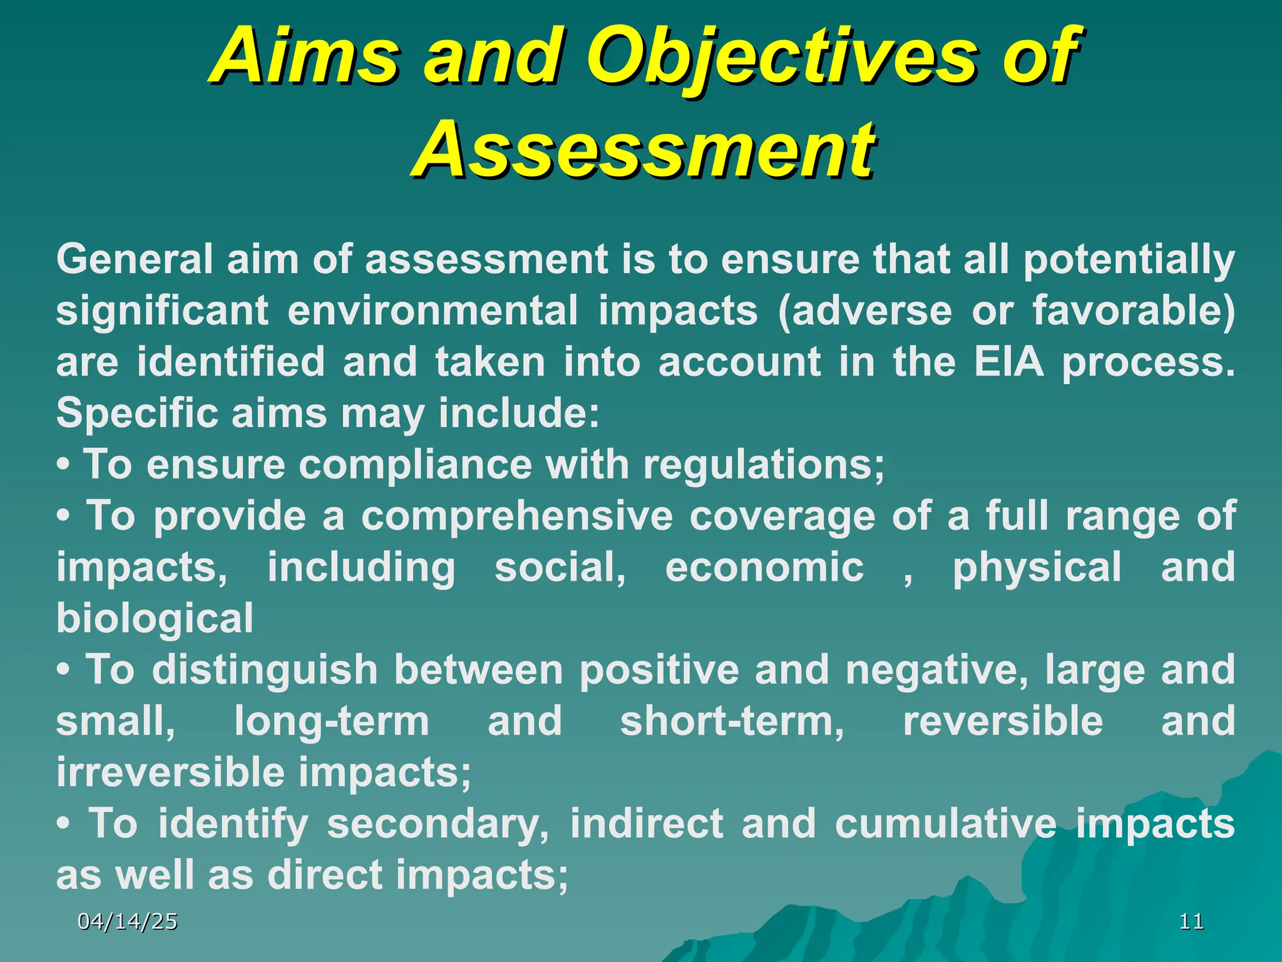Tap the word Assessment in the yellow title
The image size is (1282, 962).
pyautogui.click(x=645, y=150)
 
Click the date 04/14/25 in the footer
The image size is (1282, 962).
pyautogui.click(x=127, y=921)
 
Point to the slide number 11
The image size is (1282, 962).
pyautogui.click(x=1191, y=921)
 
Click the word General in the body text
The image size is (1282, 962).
pyautogui.click(x=135, y=259)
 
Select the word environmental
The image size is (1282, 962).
pyautogui.click(x=433, y=311)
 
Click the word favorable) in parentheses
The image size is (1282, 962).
pyautogui.click(x=1134, y=311)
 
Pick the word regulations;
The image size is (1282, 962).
pyautogui.click(x=764, y=465)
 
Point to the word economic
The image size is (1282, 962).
pyautogui.click(x=764, y=567)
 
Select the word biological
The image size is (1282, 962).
pyautogui.click(x=155, y=619)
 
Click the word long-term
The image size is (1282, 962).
pyautogui.click(x=332, y=721)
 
